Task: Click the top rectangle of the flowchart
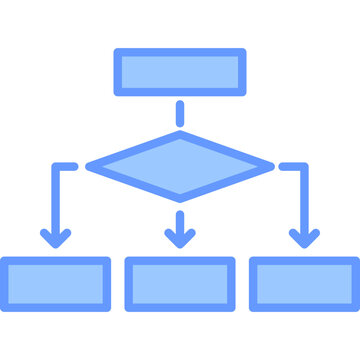coord(180,72)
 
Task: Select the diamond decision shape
coord(180,165)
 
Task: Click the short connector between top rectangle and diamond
coord(180,113)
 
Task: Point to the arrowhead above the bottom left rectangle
coord(56,238)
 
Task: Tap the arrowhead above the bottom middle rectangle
coord(180,238)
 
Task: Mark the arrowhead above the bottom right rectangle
coord(304,238)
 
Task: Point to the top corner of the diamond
coord(180,134)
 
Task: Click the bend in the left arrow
coord(56,166)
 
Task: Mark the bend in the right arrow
coord(304,166)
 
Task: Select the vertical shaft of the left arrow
coord(56,200)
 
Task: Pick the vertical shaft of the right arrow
coord(304,200)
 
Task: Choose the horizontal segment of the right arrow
coord(292,166)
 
